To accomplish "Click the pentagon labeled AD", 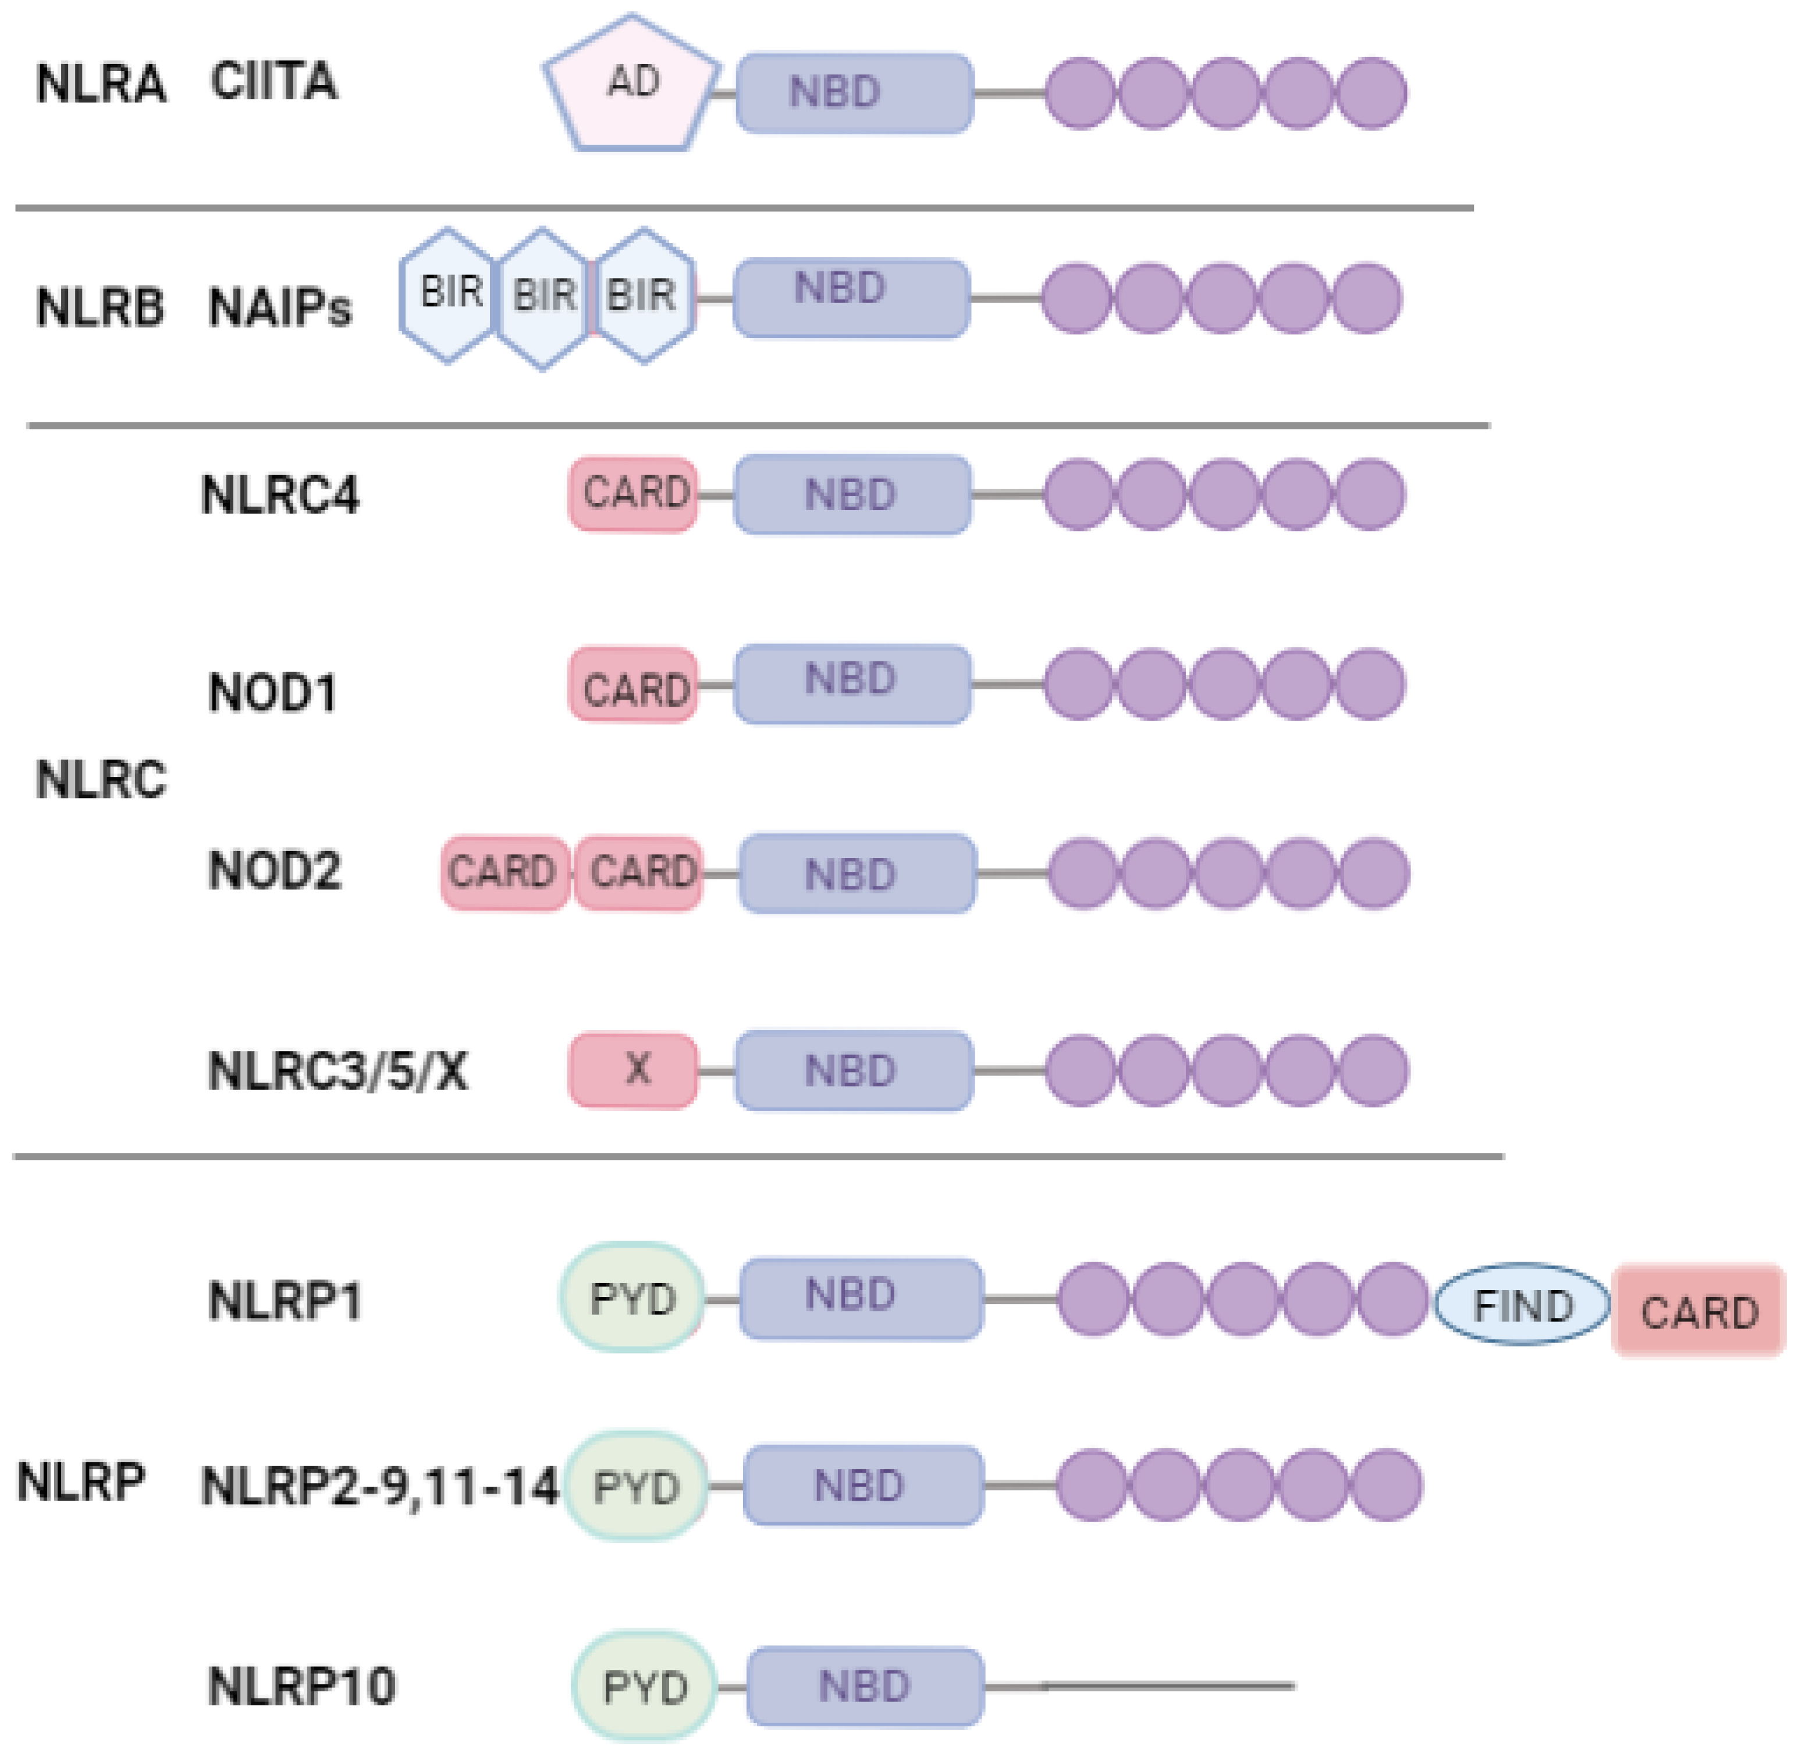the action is coord(632,84).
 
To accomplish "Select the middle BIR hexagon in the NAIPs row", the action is coord(543,298).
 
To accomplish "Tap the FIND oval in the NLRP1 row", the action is coord(1522,1305).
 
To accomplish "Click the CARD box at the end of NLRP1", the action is coord(1698,1310).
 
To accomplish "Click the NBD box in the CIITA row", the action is coord(854,93).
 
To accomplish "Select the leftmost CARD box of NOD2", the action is coord(504,872).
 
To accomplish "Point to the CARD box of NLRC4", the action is coord(633,494).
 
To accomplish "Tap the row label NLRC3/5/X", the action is coord(337,1071).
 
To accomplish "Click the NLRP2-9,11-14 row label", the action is coord(379,1486).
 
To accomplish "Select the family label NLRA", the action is coord(101,84).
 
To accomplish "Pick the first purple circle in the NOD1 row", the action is coord(1079,685).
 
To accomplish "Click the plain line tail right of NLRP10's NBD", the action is coord(1139,1686).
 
